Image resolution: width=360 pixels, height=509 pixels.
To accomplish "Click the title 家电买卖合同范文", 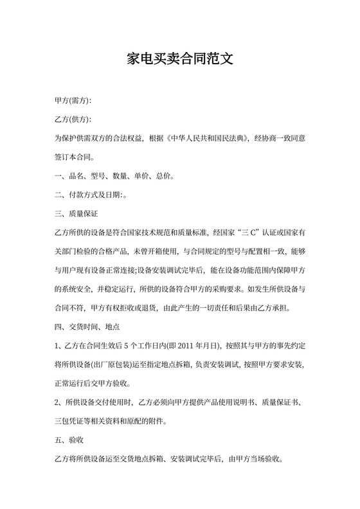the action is [179, 60].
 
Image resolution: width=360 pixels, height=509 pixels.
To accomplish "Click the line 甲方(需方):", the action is [73, 101].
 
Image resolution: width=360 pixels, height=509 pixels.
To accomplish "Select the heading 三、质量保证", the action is [76, 213].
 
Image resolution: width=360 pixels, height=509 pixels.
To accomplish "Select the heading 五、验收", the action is [67, 441].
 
